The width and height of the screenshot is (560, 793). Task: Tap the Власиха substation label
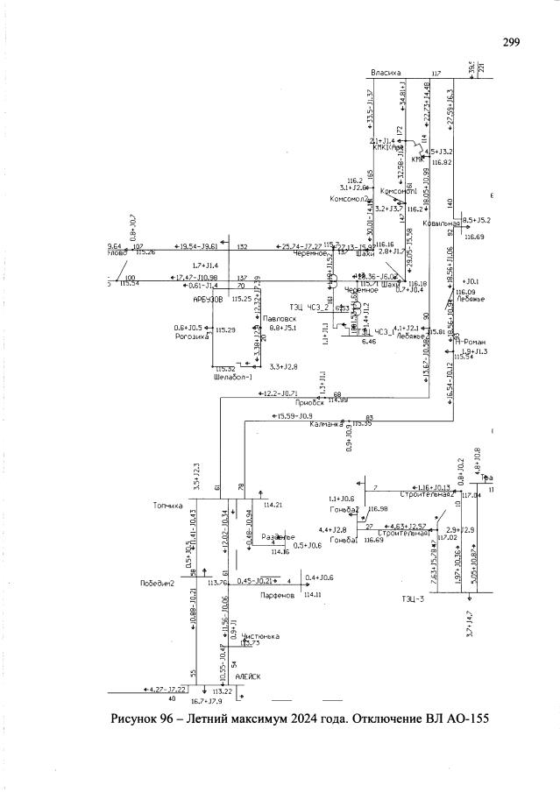coord(386,73)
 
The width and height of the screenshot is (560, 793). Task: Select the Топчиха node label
coord(168,506)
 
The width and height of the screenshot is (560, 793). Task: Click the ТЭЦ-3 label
coord(413,599)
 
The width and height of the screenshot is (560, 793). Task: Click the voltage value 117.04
coord(471,495)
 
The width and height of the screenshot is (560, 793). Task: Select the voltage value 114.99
coord(338,400)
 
